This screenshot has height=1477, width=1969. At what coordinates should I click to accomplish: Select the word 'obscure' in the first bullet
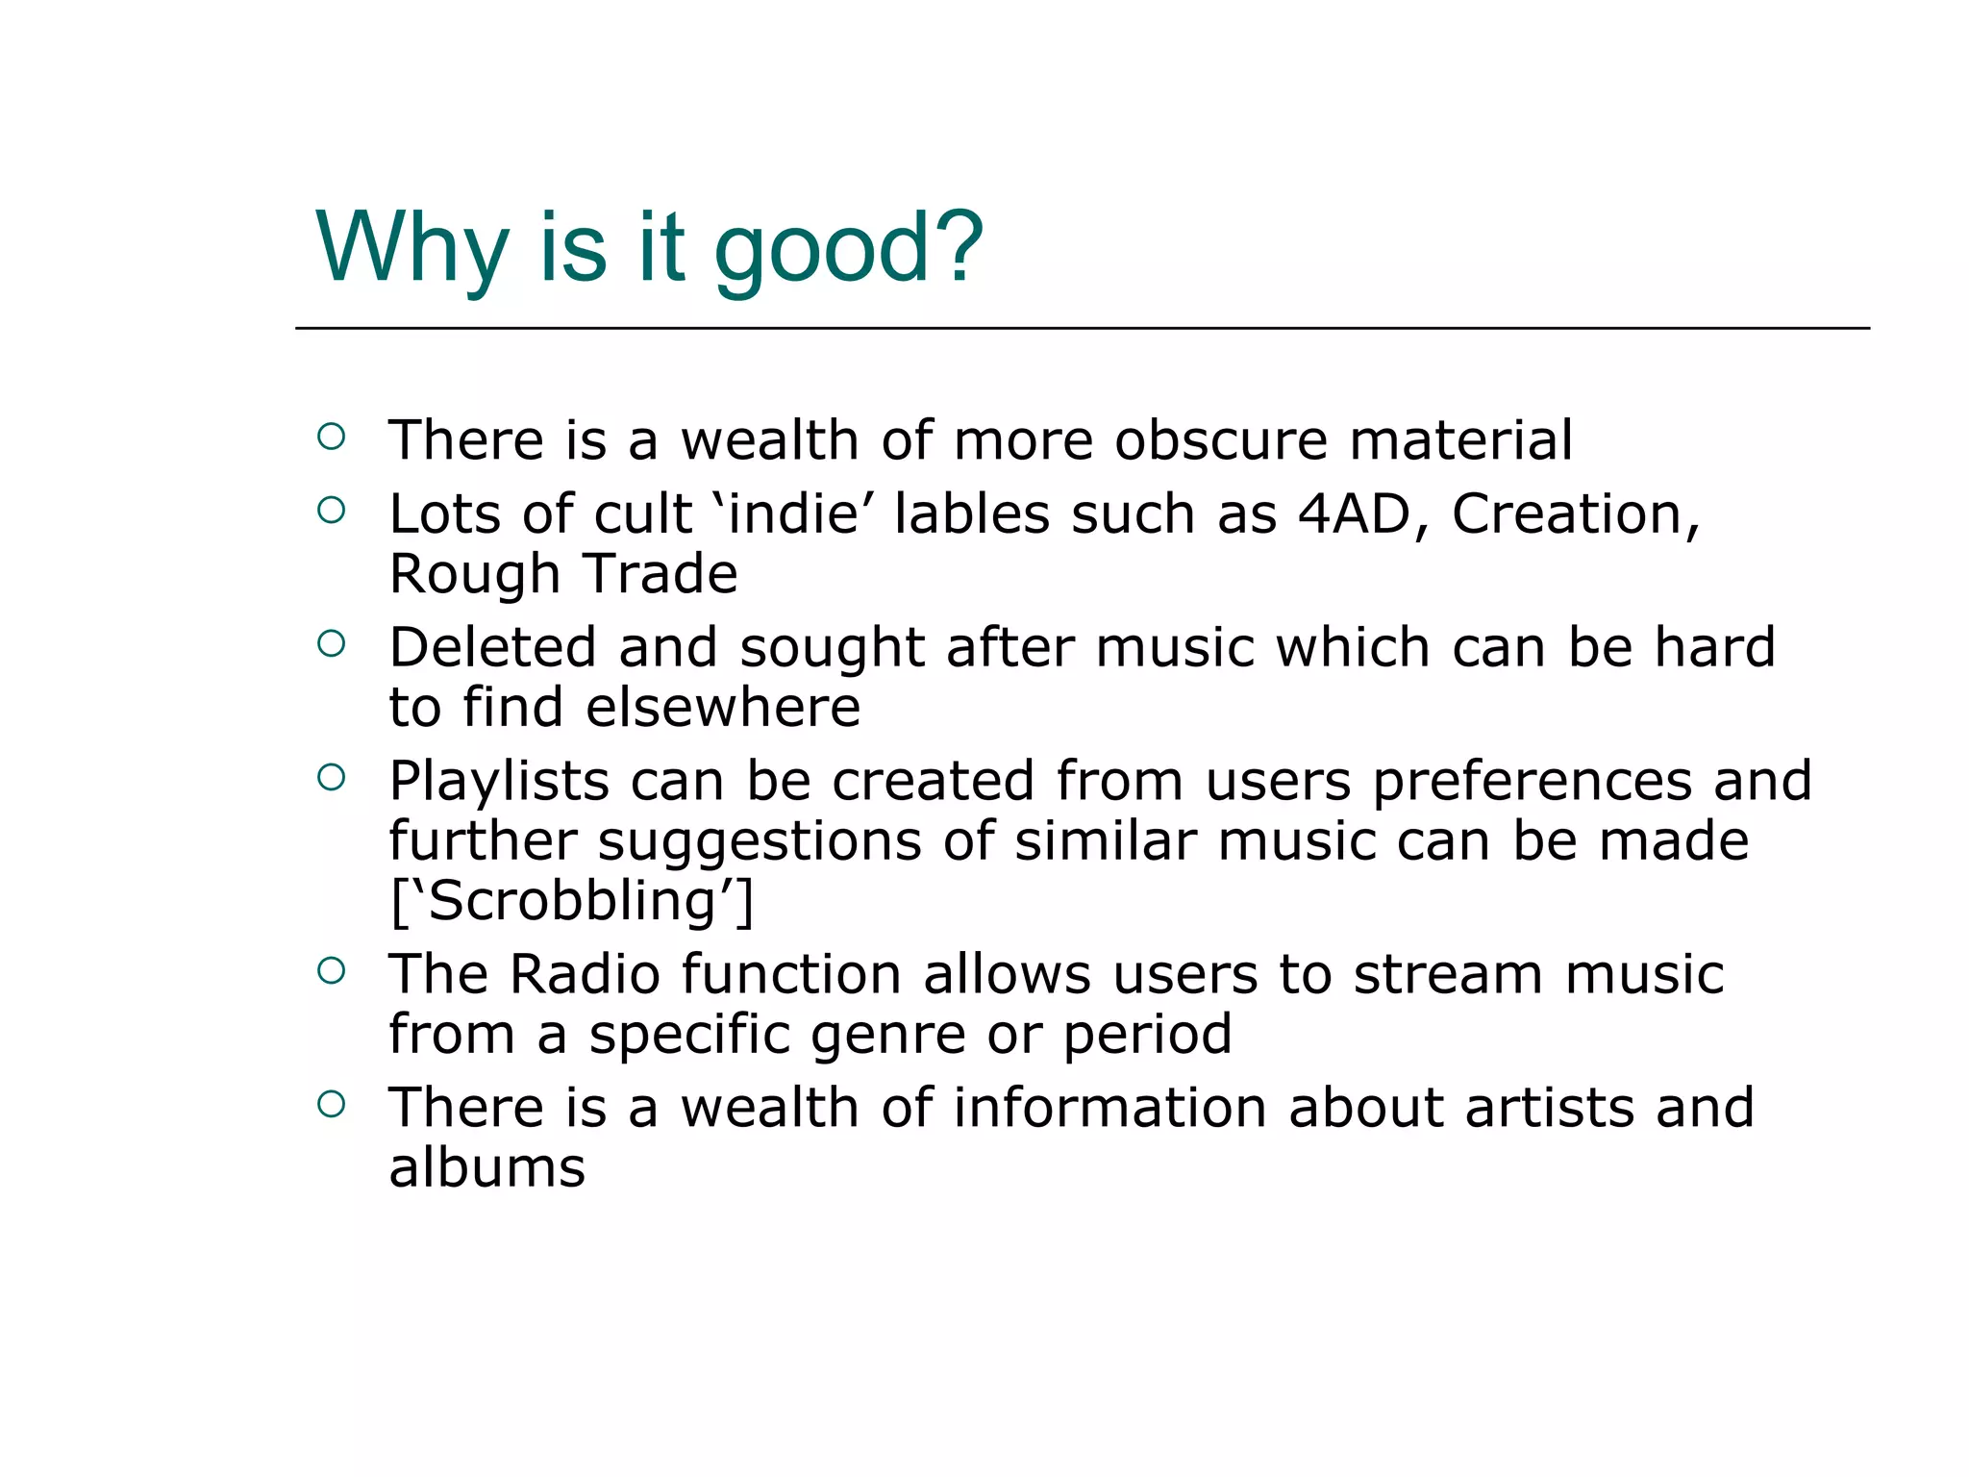pos(1220,440)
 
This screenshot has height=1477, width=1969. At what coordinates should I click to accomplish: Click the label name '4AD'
pos(1354,513)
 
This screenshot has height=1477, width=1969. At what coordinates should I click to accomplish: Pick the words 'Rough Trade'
pos(563,574)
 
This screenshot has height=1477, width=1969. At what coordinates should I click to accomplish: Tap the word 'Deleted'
pos(492,647)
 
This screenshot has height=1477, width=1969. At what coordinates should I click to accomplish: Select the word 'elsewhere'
pos(723,708)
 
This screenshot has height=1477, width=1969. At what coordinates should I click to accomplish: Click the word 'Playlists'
pos(499,781)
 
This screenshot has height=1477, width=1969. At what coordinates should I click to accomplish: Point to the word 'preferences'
pos(1532,781)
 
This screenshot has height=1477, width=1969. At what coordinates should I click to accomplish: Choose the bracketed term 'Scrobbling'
pos(572,901)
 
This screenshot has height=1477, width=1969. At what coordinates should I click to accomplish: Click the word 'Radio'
pos(585,974)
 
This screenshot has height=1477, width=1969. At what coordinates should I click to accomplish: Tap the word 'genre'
pos(887,1035)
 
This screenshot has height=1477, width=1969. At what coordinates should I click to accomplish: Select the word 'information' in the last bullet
pos(1109,1107)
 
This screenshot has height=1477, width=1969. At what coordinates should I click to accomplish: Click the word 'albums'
pos(486,1167)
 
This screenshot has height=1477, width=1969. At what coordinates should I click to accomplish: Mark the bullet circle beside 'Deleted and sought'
pos(331,643)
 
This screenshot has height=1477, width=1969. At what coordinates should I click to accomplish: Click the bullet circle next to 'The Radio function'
pos(331,970)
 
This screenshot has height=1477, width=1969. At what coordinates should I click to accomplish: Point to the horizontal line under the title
pos(1082,329)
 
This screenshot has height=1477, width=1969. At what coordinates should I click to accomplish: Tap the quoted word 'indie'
pos(794,513)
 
